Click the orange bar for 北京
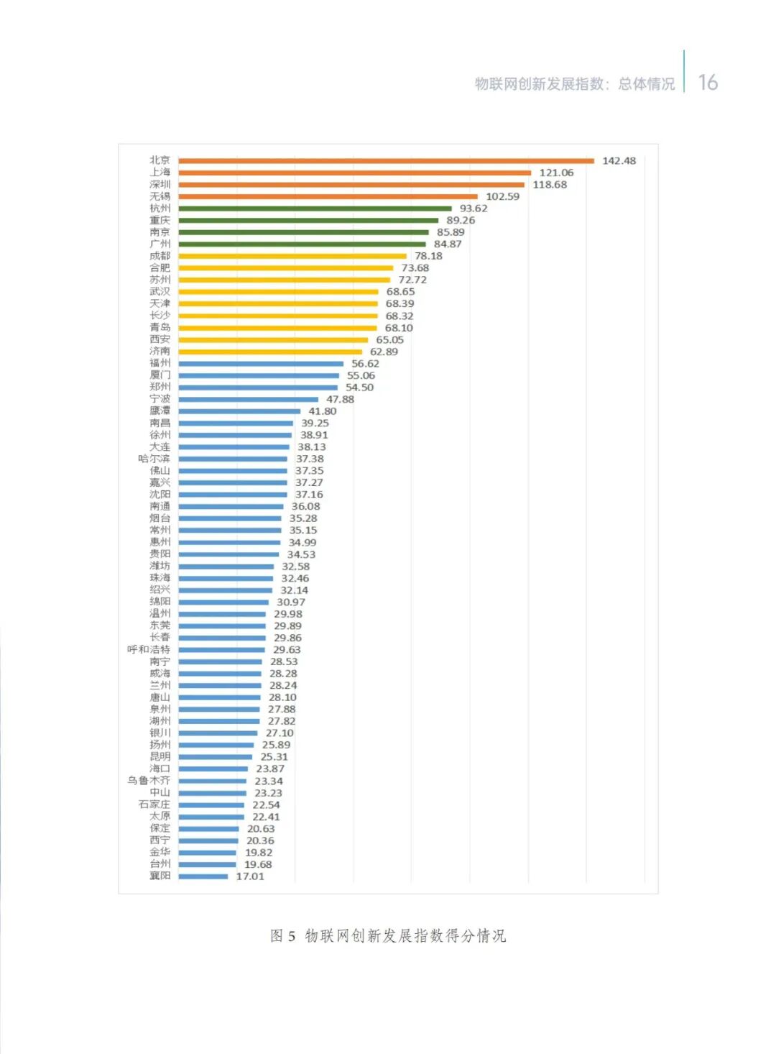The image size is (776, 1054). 386,160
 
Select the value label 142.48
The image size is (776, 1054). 619,160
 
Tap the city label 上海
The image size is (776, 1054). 160,173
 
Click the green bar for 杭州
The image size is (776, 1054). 315,208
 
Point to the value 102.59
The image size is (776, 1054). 502,196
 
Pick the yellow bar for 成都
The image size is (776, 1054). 292,256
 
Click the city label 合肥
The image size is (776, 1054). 160,268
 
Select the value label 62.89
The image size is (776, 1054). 384,352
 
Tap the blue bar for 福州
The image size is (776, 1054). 261,364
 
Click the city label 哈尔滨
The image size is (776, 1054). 154,459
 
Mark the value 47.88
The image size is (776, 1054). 340,399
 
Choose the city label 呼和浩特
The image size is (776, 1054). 149,649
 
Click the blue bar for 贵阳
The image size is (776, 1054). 228,554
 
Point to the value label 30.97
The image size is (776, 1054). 291,602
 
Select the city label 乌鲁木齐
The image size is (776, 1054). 149,781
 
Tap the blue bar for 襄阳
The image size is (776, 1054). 203,876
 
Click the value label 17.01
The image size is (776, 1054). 250,876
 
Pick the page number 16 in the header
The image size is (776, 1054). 708,83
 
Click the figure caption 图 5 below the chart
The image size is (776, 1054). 388,935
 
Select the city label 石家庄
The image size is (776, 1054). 154,805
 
